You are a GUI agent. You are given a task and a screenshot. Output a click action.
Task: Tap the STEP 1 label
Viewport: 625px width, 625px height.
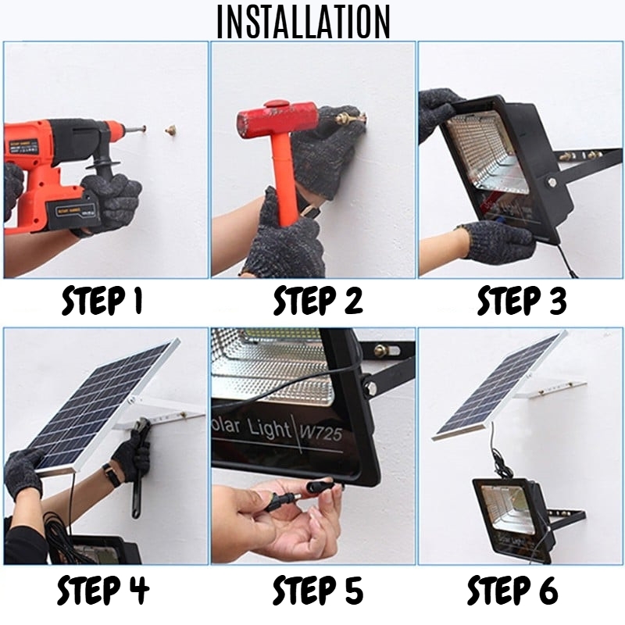click(x=105, y=300)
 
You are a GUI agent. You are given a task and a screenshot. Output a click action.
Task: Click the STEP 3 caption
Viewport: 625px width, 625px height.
click(x=521, y=300)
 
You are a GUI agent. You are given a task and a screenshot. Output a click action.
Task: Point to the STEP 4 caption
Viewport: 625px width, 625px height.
click(x=105, y=591)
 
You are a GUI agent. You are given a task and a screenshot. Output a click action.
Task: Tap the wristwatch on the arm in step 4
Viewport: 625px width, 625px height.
click(x=111, y=476)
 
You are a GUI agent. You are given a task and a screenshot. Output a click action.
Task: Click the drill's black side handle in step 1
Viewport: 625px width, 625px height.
click(x=106, y=172)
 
